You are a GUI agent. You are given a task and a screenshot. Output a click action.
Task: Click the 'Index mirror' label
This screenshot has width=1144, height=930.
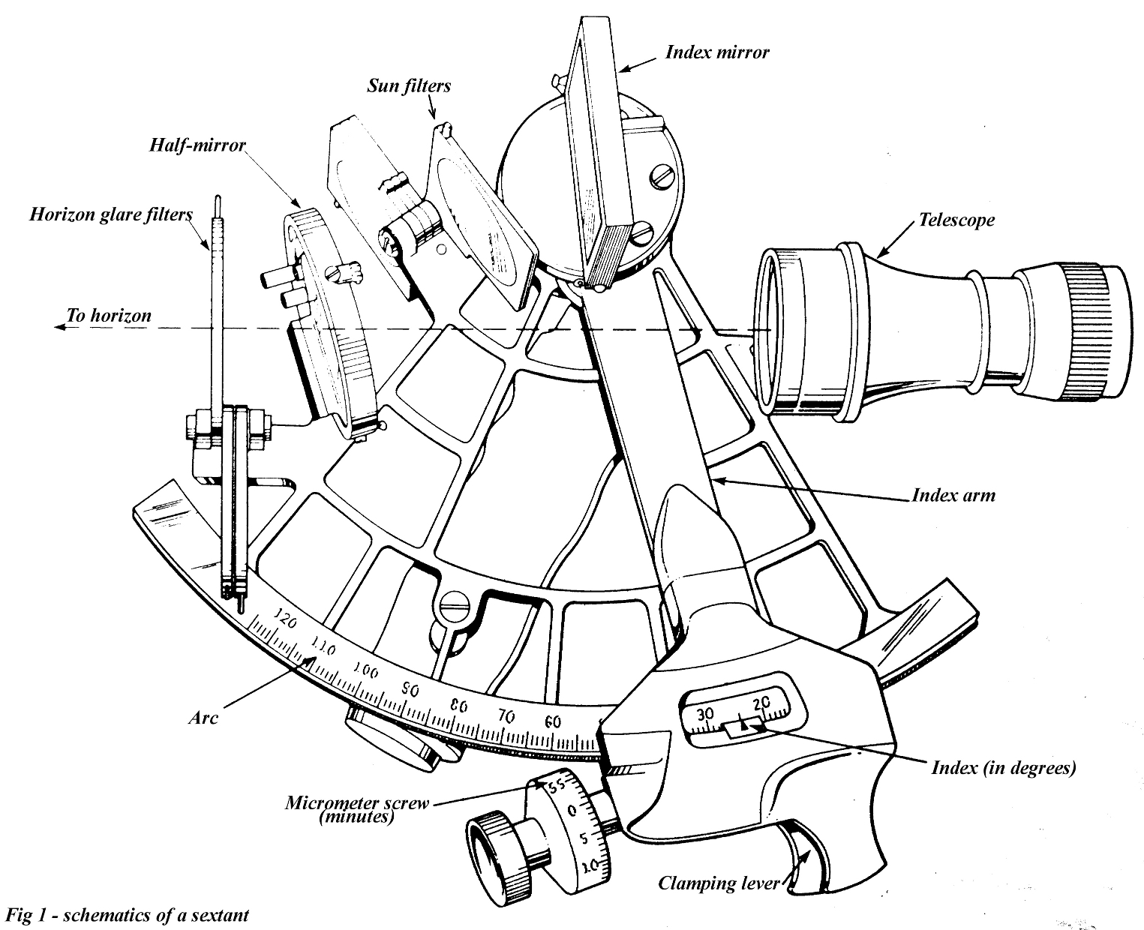pos(716,52)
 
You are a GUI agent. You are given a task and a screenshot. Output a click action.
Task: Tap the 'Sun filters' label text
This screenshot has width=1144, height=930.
pos(409,85)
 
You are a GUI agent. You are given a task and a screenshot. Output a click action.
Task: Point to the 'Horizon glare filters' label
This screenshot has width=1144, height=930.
pos(111,215)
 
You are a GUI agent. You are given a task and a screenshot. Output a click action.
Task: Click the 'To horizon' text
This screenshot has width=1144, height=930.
pos(109,315)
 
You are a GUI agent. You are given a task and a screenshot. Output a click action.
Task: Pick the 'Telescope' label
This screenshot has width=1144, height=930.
pos(957,220)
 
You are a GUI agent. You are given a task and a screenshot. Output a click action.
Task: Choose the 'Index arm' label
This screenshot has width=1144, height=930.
pos(953,496)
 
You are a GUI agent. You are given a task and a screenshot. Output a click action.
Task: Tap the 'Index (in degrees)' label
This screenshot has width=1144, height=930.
pos(1003,768)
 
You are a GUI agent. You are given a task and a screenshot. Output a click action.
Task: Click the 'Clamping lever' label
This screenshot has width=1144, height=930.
pos(719,883)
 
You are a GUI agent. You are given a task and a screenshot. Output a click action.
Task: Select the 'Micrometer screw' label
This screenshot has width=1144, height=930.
pos(357,803)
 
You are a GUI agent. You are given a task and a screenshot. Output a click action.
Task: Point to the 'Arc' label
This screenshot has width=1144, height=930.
pos(203,718)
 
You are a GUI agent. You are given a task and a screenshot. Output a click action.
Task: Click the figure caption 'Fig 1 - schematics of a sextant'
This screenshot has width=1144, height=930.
pos(126,916)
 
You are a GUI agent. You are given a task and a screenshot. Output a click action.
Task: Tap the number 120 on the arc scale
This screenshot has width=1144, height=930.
pos(284,619)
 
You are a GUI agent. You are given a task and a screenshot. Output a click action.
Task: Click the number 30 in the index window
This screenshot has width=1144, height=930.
pos(705,713)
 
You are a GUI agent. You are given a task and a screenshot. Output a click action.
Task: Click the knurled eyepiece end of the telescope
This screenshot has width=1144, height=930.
pos(1103,330)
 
